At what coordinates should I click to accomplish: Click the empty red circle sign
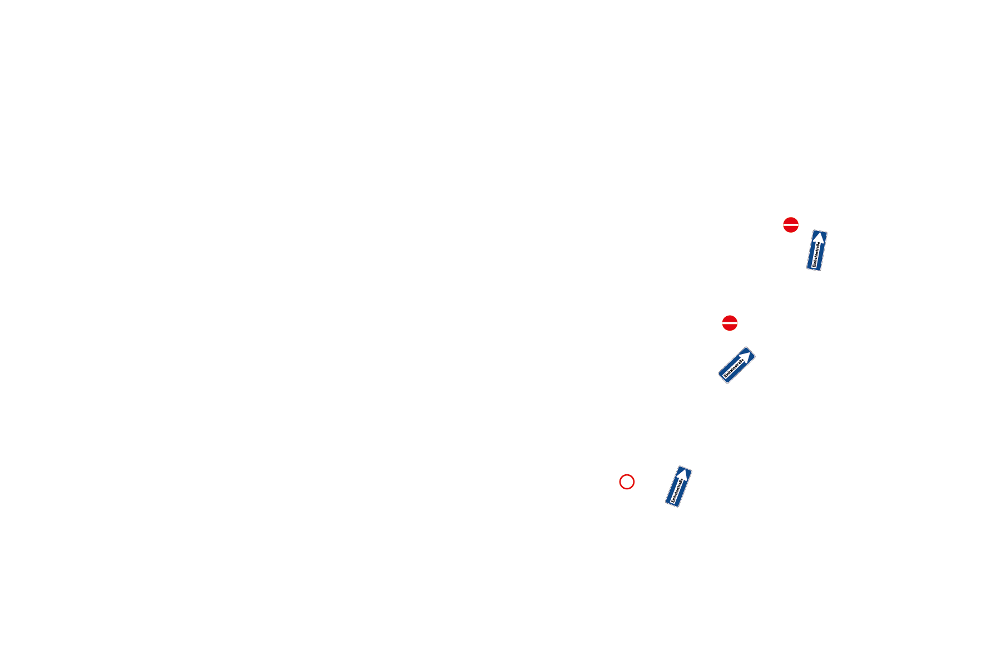(x=627, y=482)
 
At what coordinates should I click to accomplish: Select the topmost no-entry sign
(x=791, y=225)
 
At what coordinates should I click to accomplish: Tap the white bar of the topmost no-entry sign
(x=791, y=225)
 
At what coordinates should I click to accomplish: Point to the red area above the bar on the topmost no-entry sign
(x=791, y=220)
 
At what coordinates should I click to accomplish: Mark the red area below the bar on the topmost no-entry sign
(x=791, y=230)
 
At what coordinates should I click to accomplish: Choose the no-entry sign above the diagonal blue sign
(x=730, y=323)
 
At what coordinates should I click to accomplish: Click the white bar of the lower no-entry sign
(x=730, y=323)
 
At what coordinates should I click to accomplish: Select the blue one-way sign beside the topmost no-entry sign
(x=817, y=250)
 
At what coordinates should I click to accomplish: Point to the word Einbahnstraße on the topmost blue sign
(x=816, y=255)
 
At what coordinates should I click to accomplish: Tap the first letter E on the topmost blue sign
(x=815, y=267)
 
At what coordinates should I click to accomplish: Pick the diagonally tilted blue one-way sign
(x=736, y=365)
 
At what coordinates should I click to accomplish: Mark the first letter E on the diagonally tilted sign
(x=726, y=377)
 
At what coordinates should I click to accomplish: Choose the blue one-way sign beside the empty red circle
(x=678, y=487)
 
